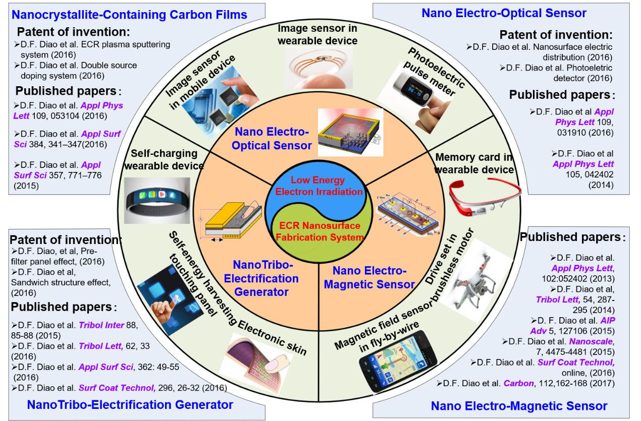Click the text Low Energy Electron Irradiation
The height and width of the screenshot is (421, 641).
[319, 186]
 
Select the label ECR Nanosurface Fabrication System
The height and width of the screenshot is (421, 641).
[319, 231]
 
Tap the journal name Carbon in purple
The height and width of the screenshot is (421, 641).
[518, 383]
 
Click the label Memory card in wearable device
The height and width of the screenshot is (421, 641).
[474, 163]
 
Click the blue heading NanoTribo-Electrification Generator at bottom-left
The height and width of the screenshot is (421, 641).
[130, 404]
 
